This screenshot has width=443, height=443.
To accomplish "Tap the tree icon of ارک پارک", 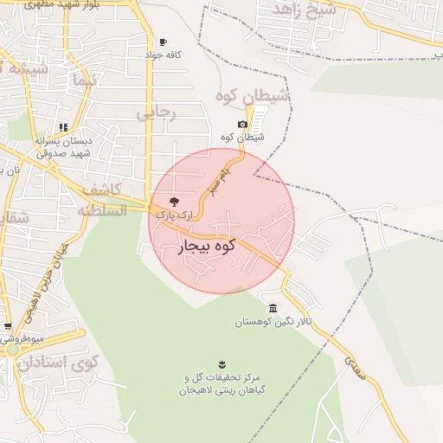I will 175,201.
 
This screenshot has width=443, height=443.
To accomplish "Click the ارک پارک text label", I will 170,213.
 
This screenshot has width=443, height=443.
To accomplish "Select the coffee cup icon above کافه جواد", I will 163,42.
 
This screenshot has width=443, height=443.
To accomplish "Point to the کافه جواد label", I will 164,55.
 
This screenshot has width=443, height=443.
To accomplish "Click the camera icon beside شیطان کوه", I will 242,125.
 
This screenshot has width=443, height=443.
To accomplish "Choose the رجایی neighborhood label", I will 157,112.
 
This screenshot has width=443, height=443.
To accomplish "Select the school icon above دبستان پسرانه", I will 62,127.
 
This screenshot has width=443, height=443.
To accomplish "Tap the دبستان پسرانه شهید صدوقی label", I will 62,146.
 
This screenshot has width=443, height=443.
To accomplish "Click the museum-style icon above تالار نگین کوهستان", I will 273,309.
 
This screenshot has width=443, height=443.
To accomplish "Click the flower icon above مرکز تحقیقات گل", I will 223,363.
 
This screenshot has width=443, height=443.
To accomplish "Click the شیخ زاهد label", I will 304,10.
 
